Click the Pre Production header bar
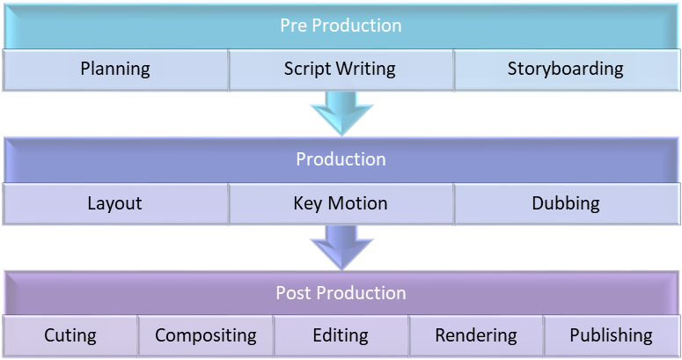coord(341,26)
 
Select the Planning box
coord(115,70)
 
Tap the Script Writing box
coord(341,70)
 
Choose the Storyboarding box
coord(567,70)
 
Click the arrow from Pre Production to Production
coord(341,114)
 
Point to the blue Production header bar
coord(341,160)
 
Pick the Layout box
coord(115,203)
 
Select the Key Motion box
coord(341,203)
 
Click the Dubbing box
coord(567,203)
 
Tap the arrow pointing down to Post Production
coord(341,247)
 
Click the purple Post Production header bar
coord(341,293)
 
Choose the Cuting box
coord(70,336)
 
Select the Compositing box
coord(205,336)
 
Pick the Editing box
coord(341,336)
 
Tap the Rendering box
coord(476,336)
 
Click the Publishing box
coord(612,336)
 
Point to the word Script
coord(307,70)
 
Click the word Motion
coord(357,203)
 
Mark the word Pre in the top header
coord(294,26)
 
